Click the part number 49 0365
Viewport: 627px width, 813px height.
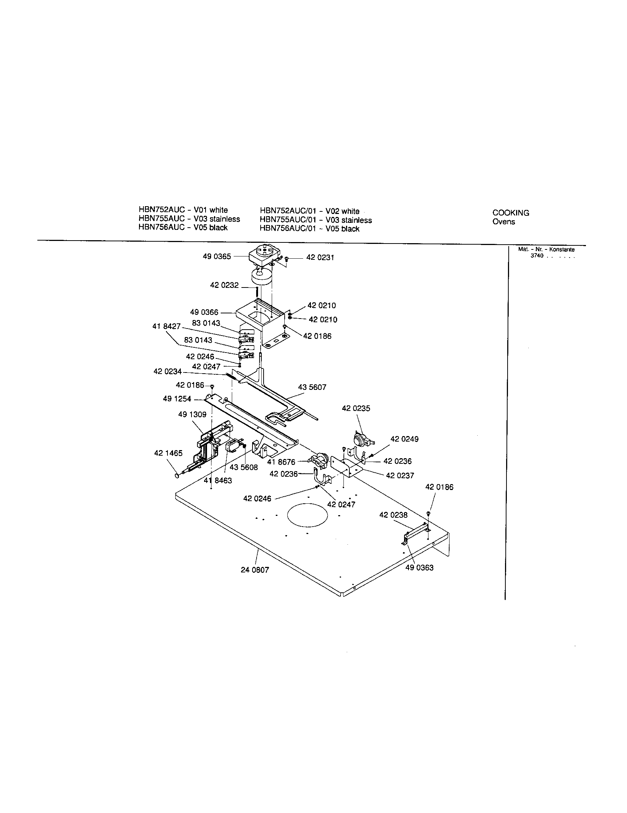[217, 256]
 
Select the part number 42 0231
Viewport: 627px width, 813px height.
[320, 258]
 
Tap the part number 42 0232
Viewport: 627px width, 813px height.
[224, 285]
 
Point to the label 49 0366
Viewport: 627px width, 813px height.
[204, 312]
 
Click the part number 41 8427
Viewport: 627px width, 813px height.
[166, 326]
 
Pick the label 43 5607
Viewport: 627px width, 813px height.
[312, 387]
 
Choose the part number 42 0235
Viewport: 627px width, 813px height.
[356, 408]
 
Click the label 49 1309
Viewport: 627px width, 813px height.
[192, 414]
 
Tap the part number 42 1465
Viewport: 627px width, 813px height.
[168, 453]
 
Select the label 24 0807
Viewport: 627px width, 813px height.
[255, 570]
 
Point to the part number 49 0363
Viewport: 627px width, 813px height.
[419, 568]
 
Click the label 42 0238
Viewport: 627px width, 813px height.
[393, 515]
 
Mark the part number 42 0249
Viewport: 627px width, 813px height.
[404, 439]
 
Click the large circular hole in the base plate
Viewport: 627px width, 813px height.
[308, 515]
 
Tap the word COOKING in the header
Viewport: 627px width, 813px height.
[511, 213]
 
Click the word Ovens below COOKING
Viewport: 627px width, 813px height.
[504, 222]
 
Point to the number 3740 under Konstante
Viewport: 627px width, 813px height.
[537, 256]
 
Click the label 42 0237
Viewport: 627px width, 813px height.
[400, 475]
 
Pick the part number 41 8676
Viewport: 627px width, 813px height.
[281, 462]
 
